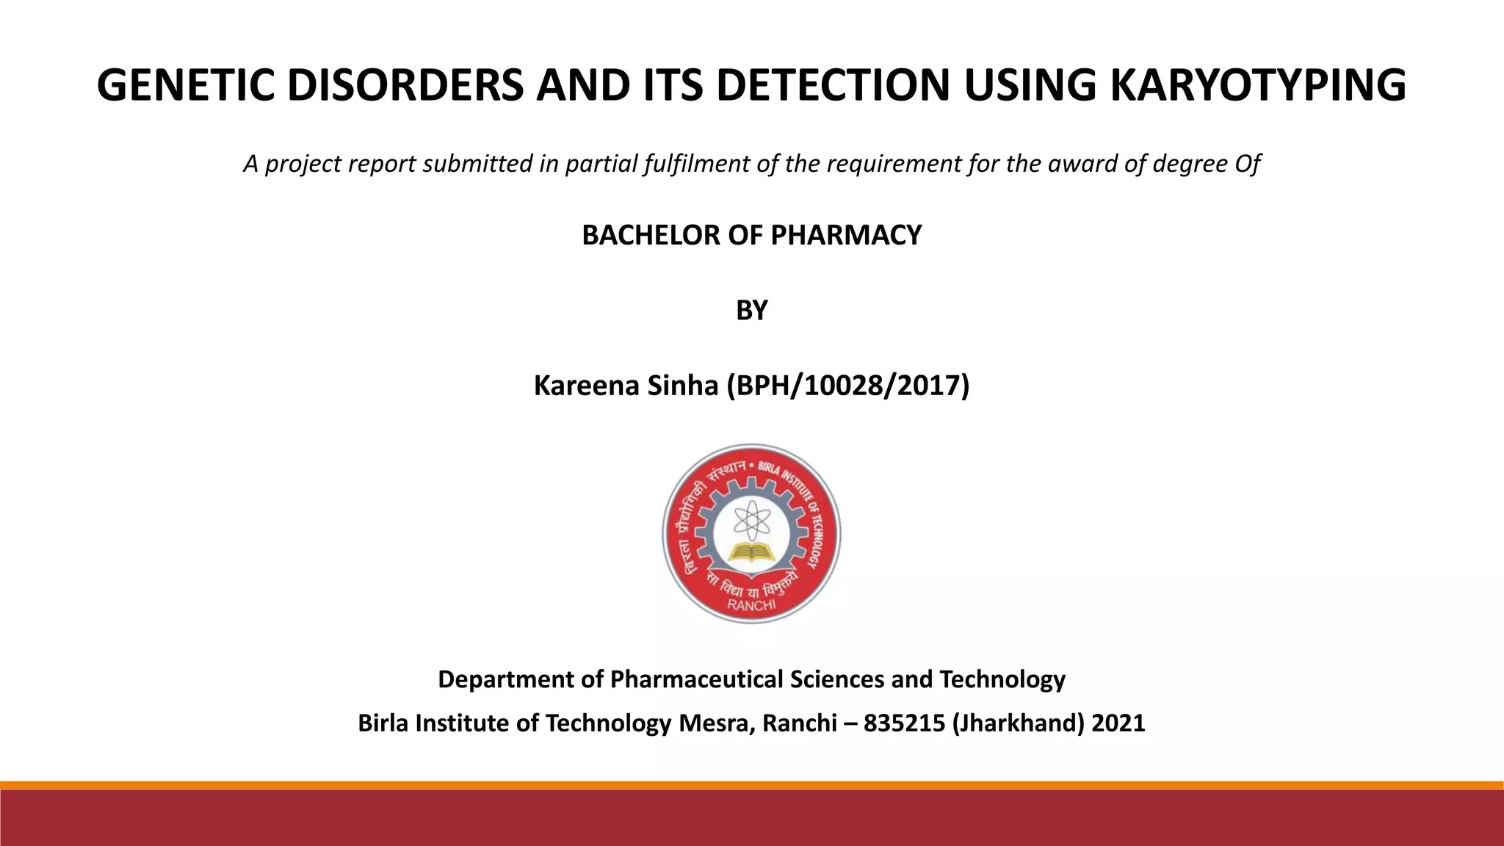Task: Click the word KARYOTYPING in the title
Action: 1258,85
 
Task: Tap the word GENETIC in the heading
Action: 185,85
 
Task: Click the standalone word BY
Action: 751,311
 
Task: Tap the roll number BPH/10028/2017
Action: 848,386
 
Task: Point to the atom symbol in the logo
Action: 751,519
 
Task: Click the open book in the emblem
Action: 751,552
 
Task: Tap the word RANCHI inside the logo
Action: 751,605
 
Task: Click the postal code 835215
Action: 905,723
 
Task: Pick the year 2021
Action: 1118,723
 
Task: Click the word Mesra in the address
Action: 716,723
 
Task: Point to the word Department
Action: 506,679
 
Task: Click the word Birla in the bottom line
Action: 383,723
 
